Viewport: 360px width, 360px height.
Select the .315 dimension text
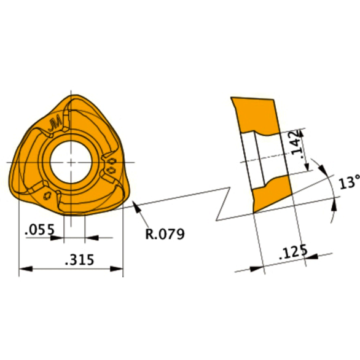coord(79,260)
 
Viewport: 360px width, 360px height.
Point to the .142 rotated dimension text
coord(299,147)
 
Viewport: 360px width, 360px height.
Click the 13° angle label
coord(349,182)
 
